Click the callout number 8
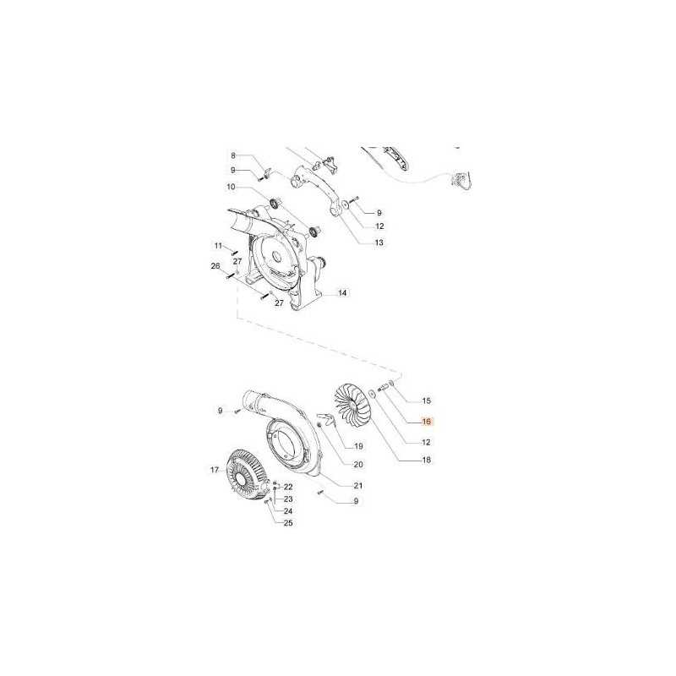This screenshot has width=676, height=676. pos(233,155)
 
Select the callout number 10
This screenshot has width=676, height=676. pos(231,187)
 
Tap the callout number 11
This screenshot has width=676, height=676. pos(219,246)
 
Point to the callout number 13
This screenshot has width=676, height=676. pos(379,243)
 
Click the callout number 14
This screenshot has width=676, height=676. pos(342,293)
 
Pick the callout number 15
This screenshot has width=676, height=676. pos(427,401)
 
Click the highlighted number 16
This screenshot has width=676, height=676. pos(427,422)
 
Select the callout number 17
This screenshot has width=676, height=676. pos(215,470)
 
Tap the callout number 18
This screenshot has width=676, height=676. pos(427,460)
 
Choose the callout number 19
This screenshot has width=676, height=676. pos(358,446)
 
